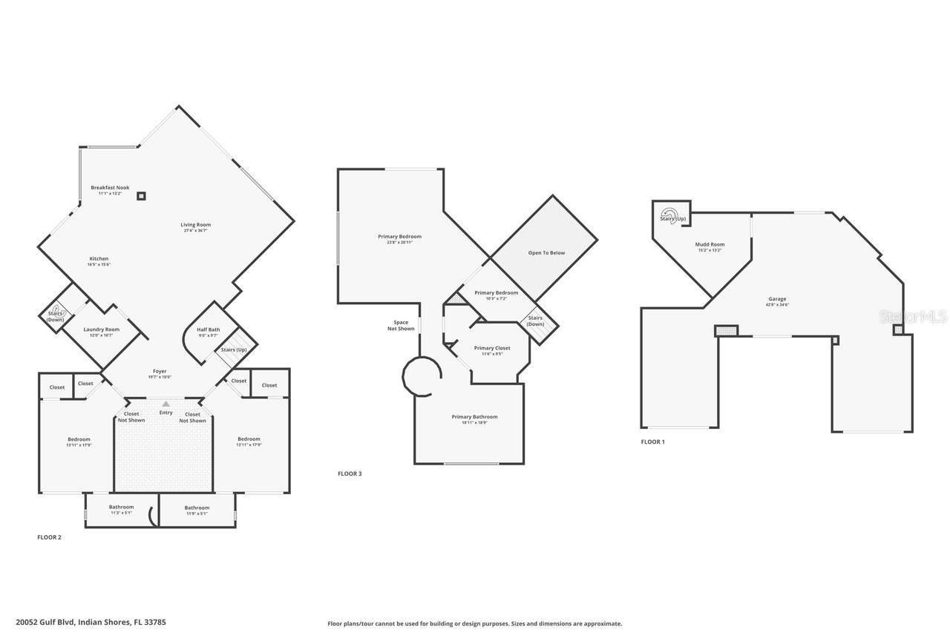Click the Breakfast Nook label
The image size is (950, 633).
click(110, 188)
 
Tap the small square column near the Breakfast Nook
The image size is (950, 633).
click(141, 196)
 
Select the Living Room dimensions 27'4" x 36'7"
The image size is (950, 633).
click(196, 231)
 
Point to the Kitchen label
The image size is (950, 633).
click(99, 259)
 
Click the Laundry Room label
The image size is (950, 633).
click(102, 329)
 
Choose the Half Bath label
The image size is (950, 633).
click(208, 329)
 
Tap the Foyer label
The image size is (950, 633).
click(160, 371)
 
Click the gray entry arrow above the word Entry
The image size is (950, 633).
click(166, 404)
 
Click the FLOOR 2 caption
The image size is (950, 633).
click(49, 537)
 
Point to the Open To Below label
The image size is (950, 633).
click(546, 253)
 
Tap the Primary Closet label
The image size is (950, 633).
click(492, 348)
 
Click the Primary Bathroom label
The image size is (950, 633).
click(474, 417)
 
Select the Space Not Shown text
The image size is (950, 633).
click(401, 325)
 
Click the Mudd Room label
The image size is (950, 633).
click(710, 244)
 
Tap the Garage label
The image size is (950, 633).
click(777, 299)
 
